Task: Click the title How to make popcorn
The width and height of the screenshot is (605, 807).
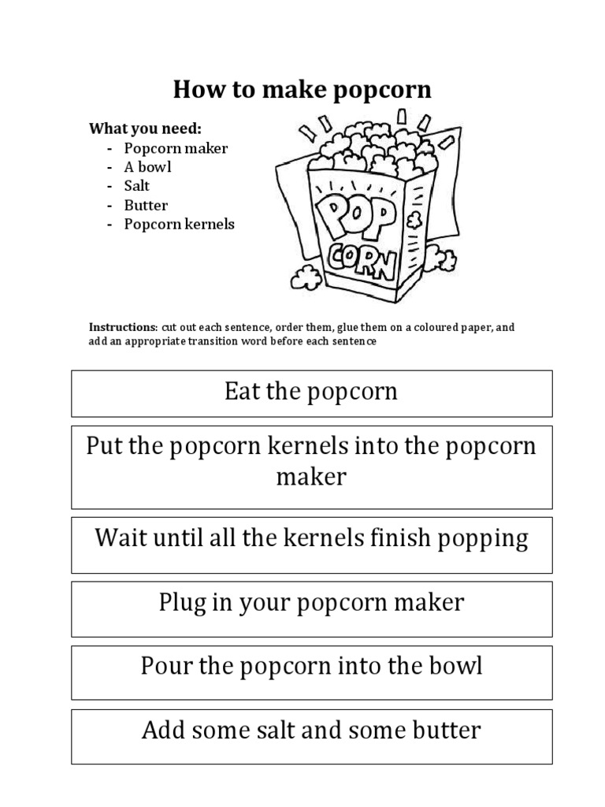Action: coord(302,90)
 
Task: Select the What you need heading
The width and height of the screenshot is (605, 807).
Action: coord(145,128)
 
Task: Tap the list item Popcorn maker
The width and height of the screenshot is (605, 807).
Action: coord(176,148)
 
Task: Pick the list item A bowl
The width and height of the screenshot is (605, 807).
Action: coord(147,167)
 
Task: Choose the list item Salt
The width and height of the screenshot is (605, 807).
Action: coord(136,186)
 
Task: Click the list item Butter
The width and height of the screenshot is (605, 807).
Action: coord(146,205)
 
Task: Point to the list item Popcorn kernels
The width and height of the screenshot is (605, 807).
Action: coord(180,224)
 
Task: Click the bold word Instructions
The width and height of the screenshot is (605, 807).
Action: coord(123,327)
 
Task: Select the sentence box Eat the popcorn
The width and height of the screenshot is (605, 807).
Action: coord(311,392)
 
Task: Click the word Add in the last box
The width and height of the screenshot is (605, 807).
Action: coord(162,730)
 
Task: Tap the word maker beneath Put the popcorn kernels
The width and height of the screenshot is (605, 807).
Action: coord(311,477)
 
